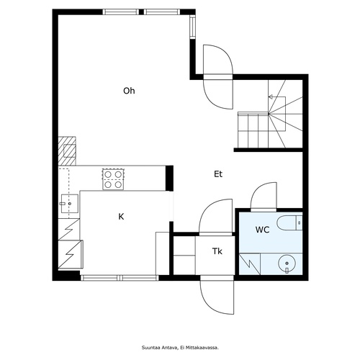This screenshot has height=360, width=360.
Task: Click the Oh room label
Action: [129, 91]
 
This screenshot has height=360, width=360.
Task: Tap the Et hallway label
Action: [218, 174]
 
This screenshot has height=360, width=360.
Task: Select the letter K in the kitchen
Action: [121, 217]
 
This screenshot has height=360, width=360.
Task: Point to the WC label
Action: [262, 230]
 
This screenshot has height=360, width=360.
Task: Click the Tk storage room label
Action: [217, 251]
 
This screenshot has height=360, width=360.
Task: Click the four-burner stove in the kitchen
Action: [113, 179]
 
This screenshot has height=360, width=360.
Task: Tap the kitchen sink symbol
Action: [70, 204]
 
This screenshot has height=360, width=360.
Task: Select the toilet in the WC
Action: [289, 223]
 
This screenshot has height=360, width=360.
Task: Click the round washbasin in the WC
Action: [287, 264]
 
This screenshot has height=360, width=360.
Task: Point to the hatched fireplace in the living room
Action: [67, 151]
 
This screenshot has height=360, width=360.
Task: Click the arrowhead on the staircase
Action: [270, 97]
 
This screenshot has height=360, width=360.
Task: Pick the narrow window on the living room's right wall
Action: [192, 26]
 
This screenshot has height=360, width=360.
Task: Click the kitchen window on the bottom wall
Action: [120, 278]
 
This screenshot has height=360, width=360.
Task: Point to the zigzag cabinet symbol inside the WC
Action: [250, 264]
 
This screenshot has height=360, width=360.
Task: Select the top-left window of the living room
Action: [121, 12]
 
